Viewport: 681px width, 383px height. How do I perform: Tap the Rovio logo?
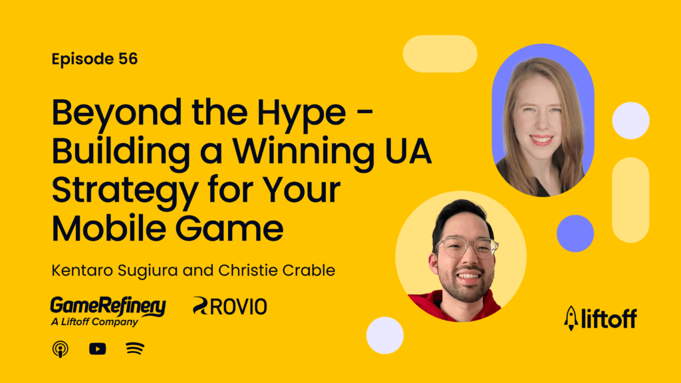[229, 306]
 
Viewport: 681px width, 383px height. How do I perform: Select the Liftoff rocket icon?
[571, 318]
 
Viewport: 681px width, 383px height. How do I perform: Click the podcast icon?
[61, 348]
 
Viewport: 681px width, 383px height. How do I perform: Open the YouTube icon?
[98, 348]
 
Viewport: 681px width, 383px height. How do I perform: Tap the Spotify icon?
[135, 348]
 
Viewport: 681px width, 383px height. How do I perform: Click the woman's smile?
[541, 140]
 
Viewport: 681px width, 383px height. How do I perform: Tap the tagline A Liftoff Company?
[85, 322]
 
